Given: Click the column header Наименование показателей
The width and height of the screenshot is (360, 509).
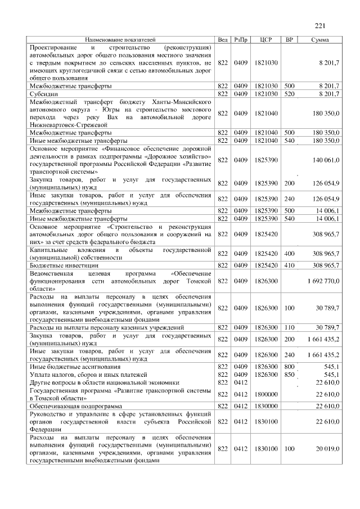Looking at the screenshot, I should (x=120, y=40).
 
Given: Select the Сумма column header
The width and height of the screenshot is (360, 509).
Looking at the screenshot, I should (x=321, y=40).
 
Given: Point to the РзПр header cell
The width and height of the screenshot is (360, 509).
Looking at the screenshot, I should (x=241, y=40).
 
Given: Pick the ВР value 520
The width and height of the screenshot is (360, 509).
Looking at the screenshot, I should (x=290, y=93).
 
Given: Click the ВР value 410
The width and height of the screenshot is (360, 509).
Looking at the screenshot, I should (x=290, y=264).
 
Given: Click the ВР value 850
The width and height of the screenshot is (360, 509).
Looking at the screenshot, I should (x=290, y=374).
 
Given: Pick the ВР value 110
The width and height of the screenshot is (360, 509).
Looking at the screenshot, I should (x=290, y=327).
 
